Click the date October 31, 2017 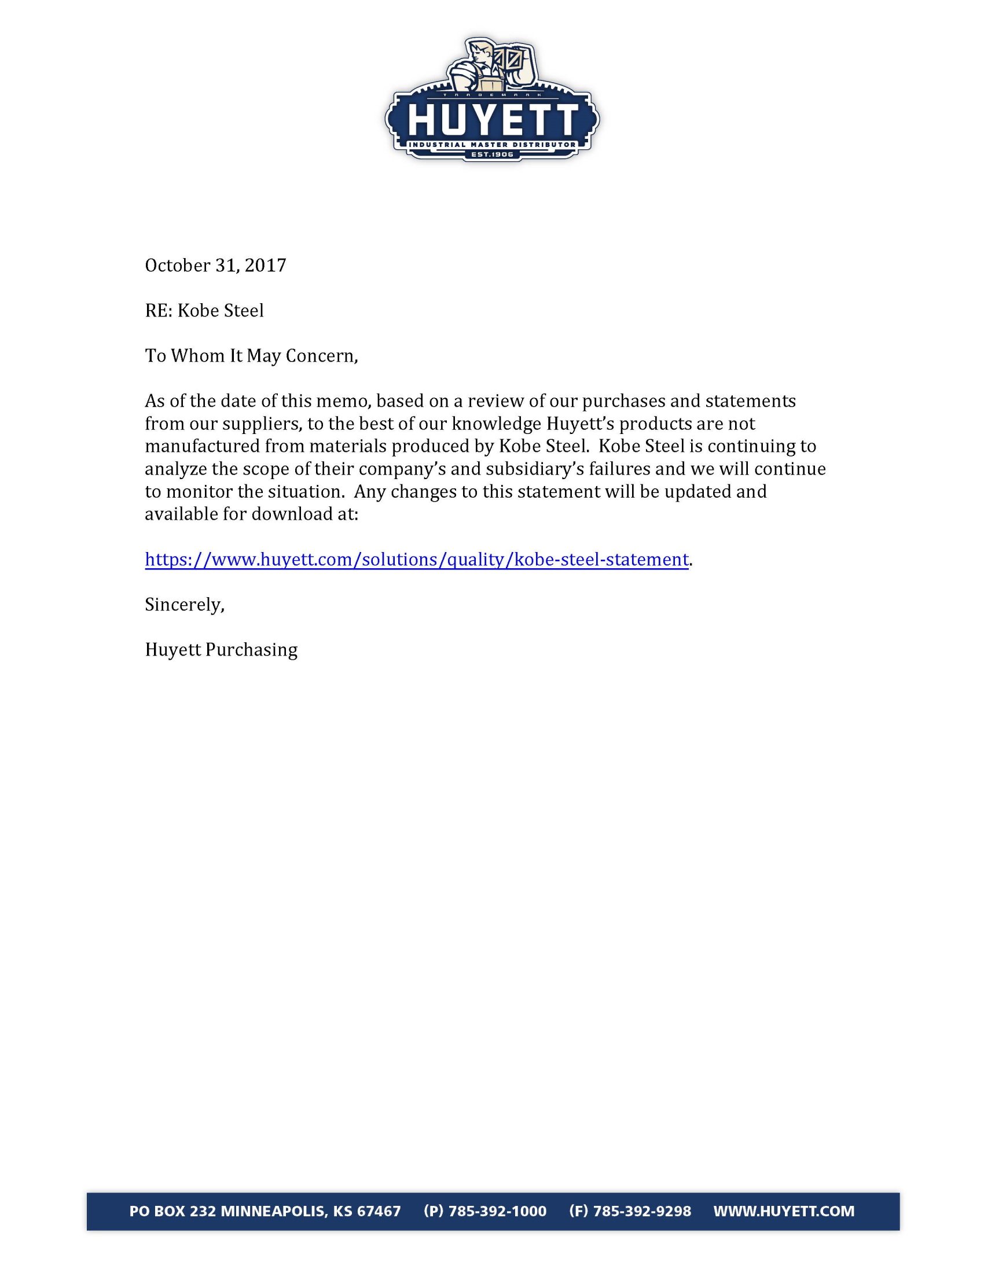pyautogui.click(x=215, y=266)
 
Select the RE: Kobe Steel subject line pyautogui.click(x=204, y=311)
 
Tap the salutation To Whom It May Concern pyautogui.click(x=251, y=355)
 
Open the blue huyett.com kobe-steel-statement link pyautogui.click(x=416, y=560)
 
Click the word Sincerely pyautogui.click(x=184, y=605)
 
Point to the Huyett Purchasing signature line pyautogui.click(x=221, y=650)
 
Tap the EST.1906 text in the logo pyautogui.click(x=492, y=155)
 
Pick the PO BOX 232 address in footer pyautogui.click(x=265, y=1211)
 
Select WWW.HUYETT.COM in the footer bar pyautogui.click(x=784, y=1211)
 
